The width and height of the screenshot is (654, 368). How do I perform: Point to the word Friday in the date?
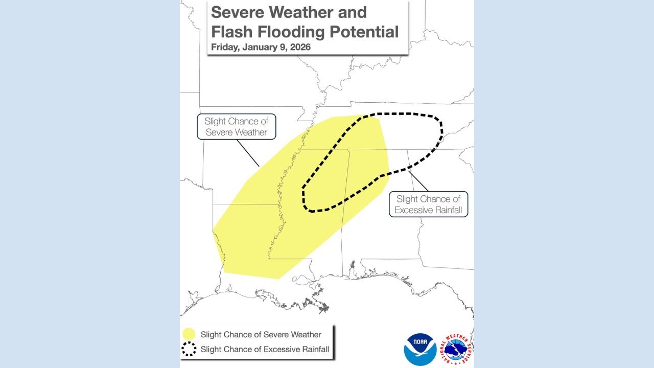point(222,48)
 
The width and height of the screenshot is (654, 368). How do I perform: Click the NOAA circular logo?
point(420,349)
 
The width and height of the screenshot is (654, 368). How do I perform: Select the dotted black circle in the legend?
point(189,350)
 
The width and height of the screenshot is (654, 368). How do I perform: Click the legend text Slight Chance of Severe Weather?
point(261,335)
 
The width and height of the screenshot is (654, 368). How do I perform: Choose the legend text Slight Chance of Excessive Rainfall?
point(265,350)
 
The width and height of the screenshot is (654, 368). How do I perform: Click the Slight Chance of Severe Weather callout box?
point(236,127)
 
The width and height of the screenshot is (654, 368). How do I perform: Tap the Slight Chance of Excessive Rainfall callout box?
point(428,204)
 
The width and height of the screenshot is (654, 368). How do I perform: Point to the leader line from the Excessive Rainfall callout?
point(417,180)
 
